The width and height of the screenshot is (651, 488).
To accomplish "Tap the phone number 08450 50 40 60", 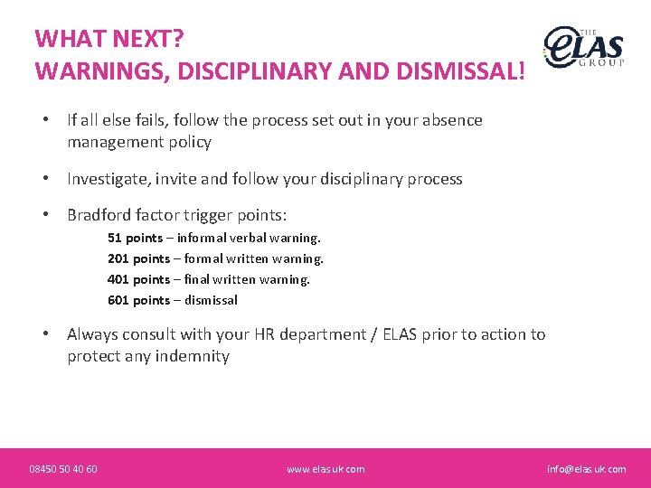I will (63, 469).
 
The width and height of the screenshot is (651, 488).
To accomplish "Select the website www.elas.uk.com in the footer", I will (325, 469).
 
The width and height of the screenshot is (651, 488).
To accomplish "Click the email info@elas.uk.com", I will (586, 469).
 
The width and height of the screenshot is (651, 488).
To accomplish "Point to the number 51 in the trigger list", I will (114, 238).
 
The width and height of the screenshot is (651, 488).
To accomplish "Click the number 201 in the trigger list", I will (118, 258).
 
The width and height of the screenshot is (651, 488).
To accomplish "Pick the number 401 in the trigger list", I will (118, 279).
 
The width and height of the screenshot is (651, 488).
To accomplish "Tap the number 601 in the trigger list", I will (118, 300).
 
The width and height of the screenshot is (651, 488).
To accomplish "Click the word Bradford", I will (99, 215).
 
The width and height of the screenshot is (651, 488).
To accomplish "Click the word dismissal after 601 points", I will (211, 300).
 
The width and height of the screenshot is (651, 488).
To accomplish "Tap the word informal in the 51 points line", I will (201, 238).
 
